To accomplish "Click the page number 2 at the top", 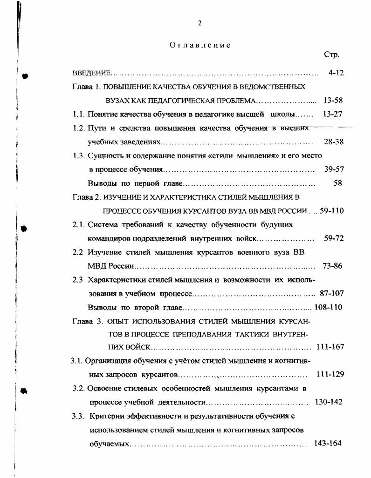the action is click(x=199, y=23).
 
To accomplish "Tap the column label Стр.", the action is click(x=331, y=55).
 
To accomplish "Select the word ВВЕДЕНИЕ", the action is click(x=91, y=74).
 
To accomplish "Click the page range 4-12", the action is click(x=336, y=73).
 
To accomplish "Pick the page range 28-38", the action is click(x=333, y=141).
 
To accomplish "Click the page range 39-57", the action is click(x=333, y=169).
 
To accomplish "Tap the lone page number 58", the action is click(x=338, y=183).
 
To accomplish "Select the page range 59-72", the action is click(x=333, y=238).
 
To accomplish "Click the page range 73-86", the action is click(x=332, y=266).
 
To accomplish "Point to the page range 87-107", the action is click(x=331, y=294).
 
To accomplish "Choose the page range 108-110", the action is click(x=329, y=308).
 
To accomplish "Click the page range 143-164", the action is click(x=328, y=443).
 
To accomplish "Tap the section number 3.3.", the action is click(x=77, y=416).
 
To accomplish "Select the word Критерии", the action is click(x=107, y=416).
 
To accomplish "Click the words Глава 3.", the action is click(x=87, y=322).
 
